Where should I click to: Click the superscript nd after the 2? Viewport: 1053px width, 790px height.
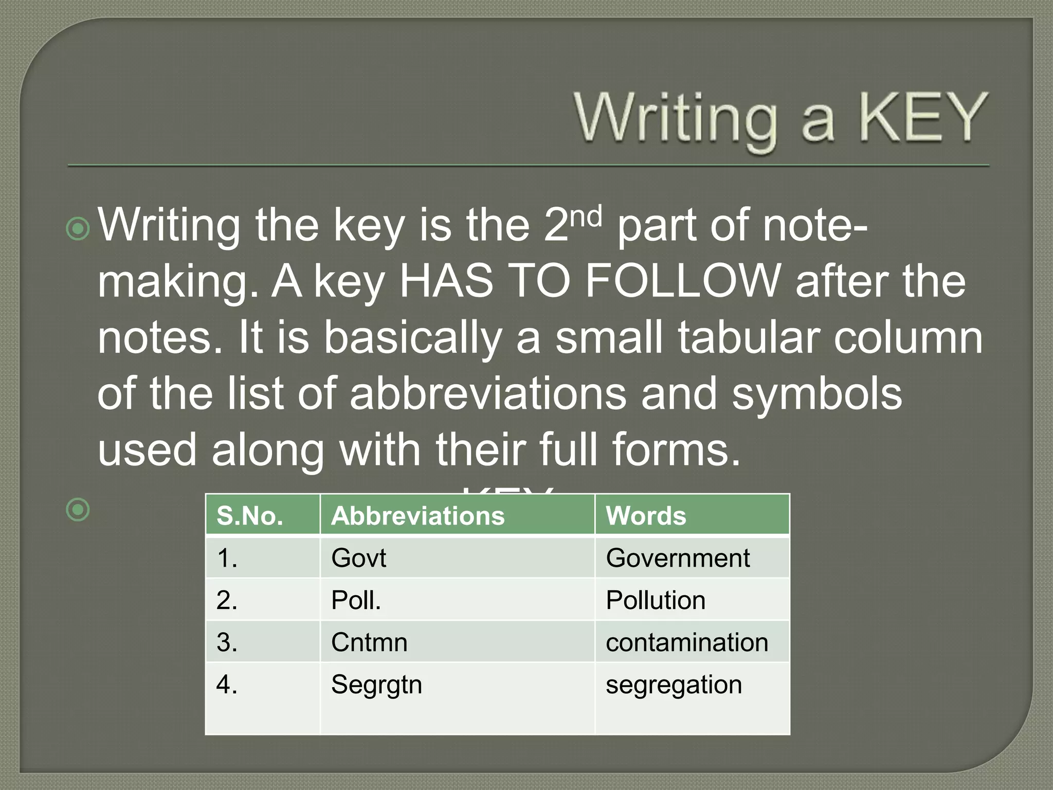[586, 217]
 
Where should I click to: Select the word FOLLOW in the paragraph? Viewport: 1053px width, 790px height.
[683, 281]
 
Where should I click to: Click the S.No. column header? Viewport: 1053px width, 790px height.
[250, 515]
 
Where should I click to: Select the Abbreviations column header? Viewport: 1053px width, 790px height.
[417, 515]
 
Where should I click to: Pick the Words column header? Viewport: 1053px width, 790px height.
[646, 515]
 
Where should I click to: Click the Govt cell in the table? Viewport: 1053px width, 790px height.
[358, 558]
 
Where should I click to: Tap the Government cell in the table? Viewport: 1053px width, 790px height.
[678, 558]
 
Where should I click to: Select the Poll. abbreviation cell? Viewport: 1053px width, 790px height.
[356, 600]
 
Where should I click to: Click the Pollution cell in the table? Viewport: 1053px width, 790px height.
[656, 600]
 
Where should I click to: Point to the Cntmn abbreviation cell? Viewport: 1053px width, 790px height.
[369, 642]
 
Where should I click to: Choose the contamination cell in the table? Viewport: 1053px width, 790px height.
[687, 642]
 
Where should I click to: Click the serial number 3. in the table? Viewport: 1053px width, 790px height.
[227, 642]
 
